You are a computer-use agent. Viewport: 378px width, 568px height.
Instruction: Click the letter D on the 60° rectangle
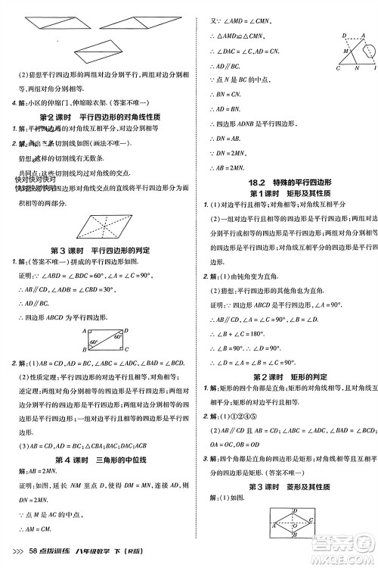click(126, 331)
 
